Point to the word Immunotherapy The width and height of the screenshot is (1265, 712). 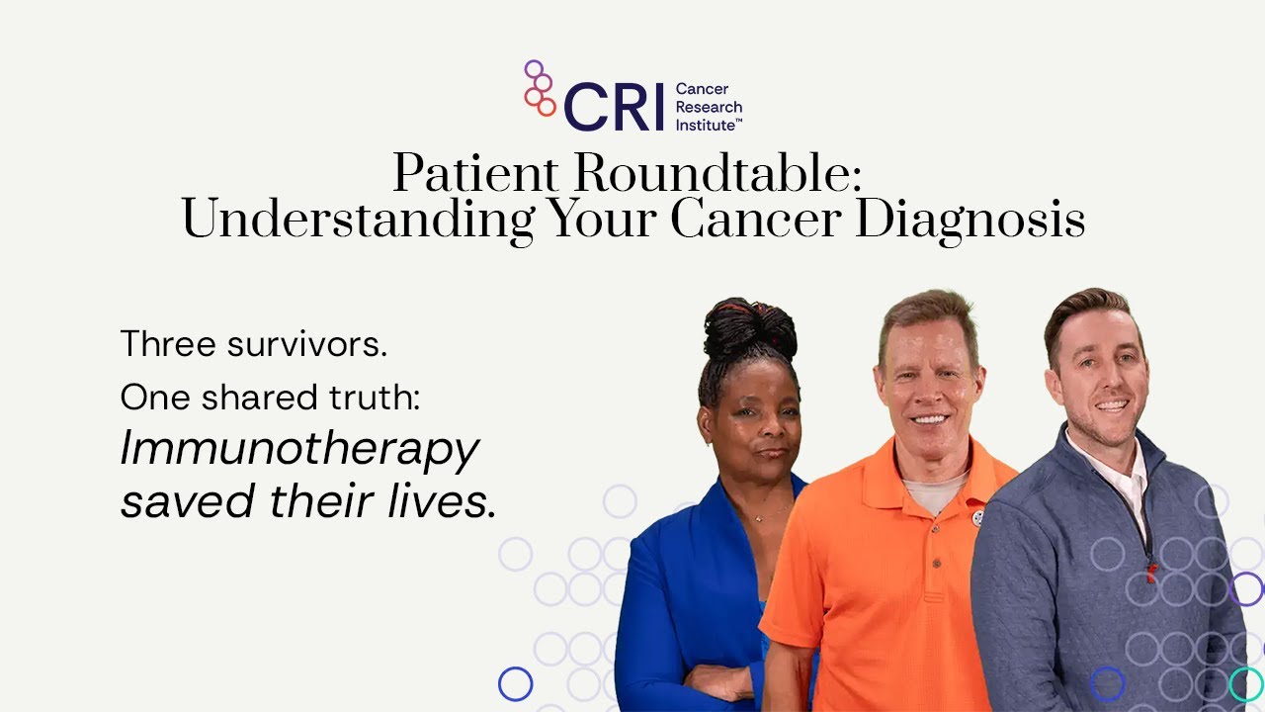click(299, 450)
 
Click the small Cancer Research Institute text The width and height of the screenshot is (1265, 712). click(709, 107)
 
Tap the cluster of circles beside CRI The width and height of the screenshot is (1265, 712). click(540, 88)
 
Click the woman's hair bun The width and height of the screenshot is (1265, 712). click(750, 329)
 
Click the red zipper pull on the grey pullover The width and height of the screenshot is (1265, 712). click(1151, 570)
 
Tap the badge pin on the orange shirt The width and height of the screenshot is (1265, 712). click(978, 515)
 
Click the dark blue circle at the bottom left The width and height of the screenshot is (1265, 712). click(515, 683)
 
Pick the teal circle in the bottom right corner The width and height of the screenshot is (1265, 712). click(1245, 683)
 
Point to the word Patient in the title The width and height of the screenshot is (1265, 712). click(467, 175)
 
